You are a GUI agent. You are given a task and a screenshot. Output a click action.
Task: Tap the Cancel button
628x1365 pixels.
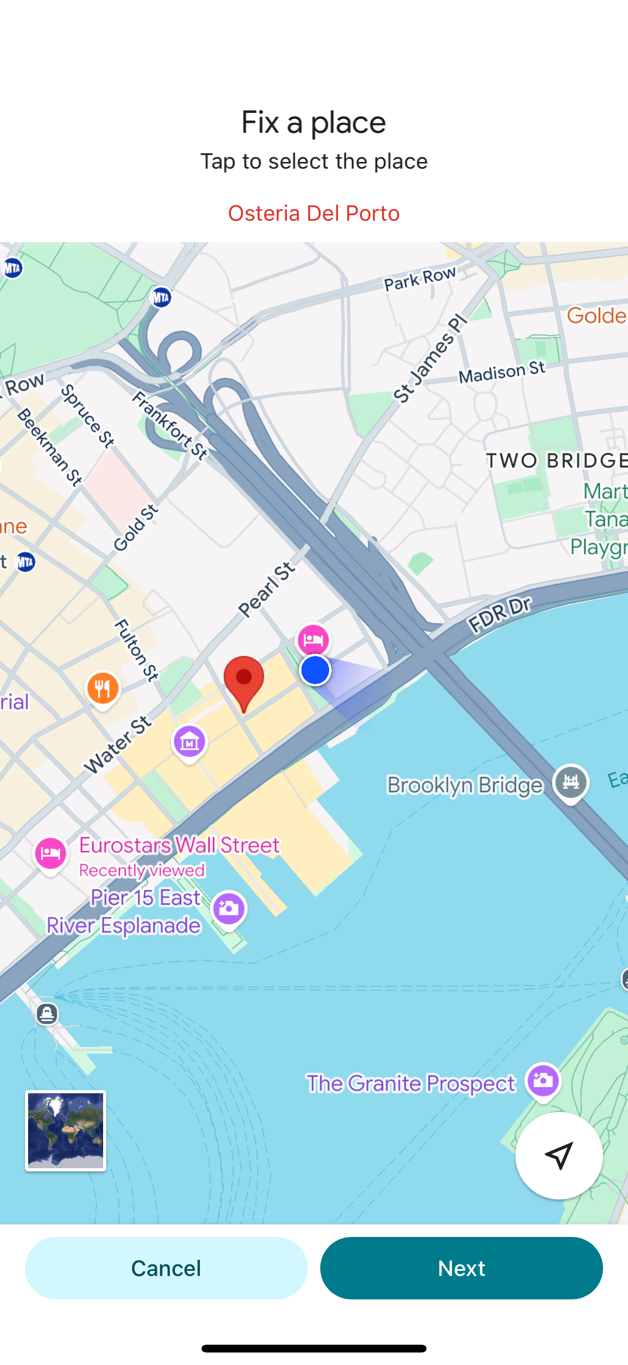point(166,1268)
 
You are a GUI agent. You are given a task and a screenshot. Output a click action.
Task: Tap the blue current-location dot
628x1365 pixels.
point(316,670)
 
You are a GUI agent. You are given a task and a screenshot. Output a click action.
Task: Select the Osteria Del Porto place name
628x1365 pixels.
point(313,213)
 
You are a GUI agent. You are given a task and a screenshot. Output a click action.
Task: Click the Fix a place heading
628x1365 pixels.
point(313,122)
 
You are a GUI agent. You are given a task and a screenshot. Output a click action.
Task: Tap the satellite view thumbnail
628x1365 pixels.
point(66,1130)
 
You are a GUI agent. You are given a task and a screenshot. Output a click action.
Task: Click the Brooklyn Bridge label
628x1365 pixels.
point(465,785)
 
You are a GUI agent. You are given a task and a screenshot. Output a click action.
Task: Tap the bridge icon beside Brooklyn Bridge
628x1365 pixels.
point(570,782)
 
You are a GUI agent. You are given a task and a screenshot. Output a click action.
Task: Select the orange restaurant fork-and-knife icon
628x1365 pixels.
point(103,688)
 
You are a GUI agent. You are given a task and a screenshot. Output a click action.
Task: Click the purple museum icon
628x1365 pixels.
point(189,742)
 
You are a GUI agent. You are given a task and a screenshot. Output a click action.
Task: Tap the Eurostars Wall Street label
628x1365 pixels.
point(179,844)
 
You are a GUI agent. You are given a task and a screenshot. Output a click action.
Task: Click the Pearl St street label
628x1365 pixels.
point(267,589)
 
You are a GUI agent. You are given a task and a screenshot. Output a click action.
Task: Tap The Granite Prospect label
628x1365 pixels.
point(411,1083)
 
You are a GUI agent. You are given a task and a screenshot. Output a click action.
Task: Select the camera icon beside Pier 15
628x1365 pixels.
point(229,909)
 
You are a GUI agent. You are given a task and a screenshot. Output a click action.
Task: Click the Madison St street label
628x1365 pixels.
point(501,372)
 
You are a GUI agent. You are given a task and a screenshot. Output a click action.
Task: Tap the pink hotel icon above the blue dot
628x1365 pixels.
point(313,640)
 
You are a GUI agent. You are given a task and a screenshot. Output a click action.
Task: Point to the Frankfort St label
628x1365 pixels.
point(170,425)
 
